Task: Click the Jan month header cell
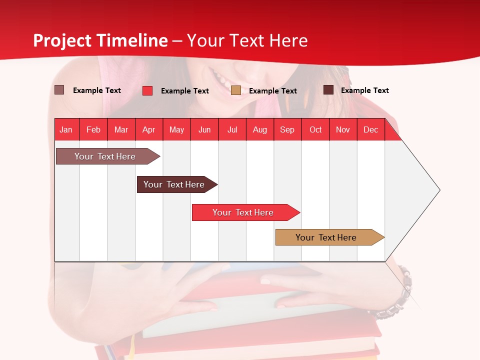pos(66,129)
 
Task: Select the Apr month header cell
pos(149,129)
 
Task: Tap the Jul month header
pos(232,129)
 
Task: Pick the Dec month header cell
pos(370,129)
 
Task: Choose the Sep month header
pos(287,129)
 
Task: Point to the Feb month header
pos(93,129)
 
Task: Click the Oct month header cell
pos(315,129)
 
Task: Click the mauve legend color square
pos(59,90)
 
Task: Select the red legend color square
pos(147,90)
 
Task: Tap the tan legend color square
pos(236,90)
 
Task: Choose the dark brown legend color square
pos(328,90)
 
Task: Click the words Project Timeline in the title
pos(100,40)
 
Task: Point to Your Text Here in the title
pos(247,40)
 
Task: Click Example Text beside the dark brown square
pos(364,90)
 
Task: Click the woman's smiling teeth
pos(220,77)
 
